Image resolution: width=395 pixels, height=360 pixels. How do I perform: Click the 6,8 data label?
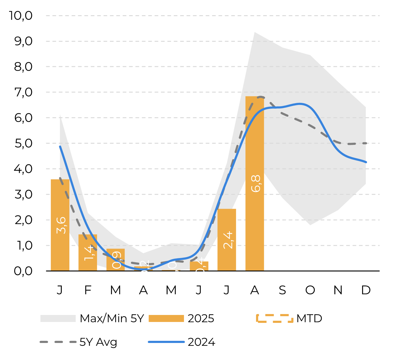coord(256,183)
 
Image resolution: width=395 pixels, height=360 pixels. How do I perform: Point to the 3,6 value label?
coord(61,225)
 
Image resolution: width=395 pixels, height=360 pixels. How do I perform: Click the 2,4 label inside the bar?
coord(228,240)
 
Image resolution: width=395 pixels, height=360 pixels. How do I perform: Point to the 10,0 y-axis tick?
coord(21,16)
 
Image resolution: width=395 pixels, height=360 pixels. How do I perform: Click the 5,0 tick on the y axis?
coord(23,143)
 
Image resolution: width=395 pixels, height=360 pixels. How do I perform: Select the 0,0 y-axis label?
coord(23,271)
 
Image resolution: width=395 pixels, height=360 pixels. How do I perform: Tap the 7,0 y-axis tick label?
coord(23,92)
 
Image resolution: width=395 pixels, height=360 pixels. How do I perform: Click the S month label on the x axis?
coord(282,290)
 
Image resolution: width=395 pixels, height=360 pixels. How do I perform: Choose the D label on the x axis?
coord(366,290)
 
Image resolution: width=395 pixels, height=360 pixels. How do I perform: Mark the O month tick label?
coord(310,290)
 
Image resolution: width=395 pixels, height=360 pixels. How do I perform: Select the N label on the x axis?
coord(338,290)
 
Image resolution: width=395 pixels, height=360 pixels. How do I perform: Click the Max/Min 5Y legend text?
coord(112,319)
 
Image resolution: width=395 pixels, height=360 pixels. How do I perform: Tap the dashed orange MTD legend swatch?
coord(275,318)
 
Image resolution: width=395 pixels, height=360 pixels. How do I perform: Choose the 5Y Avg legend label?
coord(98,342)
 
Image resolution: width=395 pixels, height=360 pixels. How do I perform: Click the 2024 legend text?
coord(201,342)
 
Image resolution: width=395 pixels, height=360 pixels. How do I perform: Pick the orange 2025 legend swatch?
coord(166,319)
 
